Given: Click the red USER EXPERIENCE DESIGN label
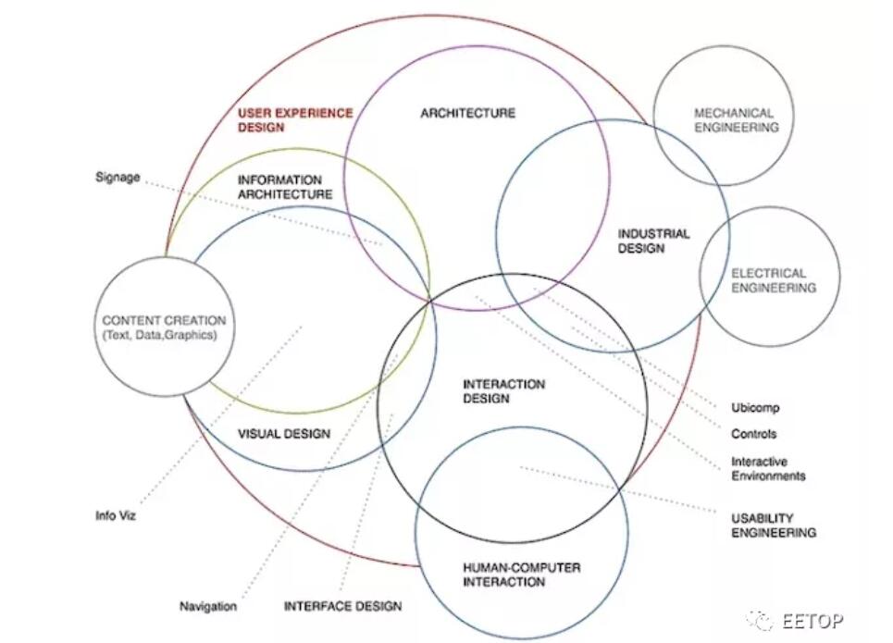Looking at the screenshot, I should click(x=295, y=120).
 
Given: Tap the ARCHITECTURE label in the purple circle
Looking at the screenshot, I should click(x=467, y=113).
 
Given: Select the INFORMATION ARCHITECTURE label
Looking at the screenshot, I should click(x=284, y=187).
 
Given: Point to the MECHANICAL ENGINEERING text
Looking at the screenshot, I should click(x=736, y=120).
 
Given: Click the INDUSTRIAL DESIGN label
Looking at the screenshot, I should click(x=653, y=241).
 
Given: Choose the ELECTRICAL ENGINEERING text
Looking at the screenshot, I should click(x=774, y=280).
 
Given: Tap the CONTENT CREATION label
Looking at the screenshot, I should click(x=164, y=320).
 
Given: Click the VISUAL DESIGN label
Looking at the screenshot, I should click(x=284, y=433).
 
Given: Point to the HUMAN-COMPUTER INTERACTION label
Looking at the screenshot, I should click(x=521, y=575).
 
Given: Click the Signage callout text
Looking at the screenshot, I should click(x=118, y=177).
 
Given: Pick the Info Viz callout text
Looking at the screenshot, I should click(x=116, y=515).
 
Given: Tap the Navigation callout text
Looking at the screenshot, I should click(x=207, y=607).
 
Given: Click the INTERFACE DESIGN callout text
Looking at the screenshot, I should click(x=342, y=607).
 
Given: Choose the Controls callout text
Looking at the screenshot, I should click(x=753, y=434).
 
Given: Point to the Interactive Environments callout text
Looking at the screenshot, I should click(x=768, y=469).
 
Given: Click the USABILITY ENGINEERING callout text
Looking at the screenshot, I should click(x=774, y=526).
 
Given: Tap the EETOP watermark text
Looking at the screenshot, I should click(x=812, y=620).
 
